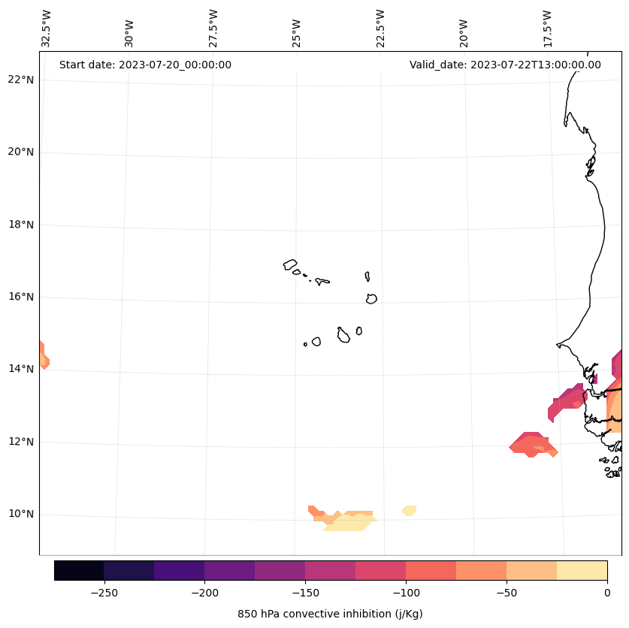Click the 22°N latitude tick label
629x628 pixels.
pyautogui.click(x=20, y=80)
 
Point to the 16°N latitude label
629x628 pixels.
pyautogui.click(x=20, y=297)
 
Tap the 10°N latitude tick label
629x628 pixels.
pyautogui.click(x=20, y=514)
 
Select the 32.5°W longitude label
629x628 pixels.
pyautogui.click(x=47, y=29)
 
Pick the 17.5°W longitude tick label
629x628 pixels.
pyautogui.click(x=548, y=29)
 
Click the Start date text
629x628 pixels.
pyautogui.click(x=145, y=65)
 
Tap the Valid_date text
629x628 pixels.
pyautogui.click(x=505, y=65)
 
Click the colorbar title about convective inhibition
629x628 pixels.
pyautogui.click(x=330, y=614)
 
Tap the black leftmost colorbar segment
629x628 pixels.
pyautogui.click(x=79, y=570)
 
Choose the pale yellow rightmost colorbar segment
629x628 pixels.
pyautogui.click(x=582, y=570)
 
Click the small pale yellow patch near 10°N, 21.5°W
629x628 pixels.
pyautogui.click(x=409, y=511)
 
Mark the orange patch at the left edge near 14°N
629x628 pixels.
pyautogui.click(x=43, y=355)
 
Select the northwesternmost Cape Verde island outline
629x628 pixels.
pyautogui.click(x=290, y=264)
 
